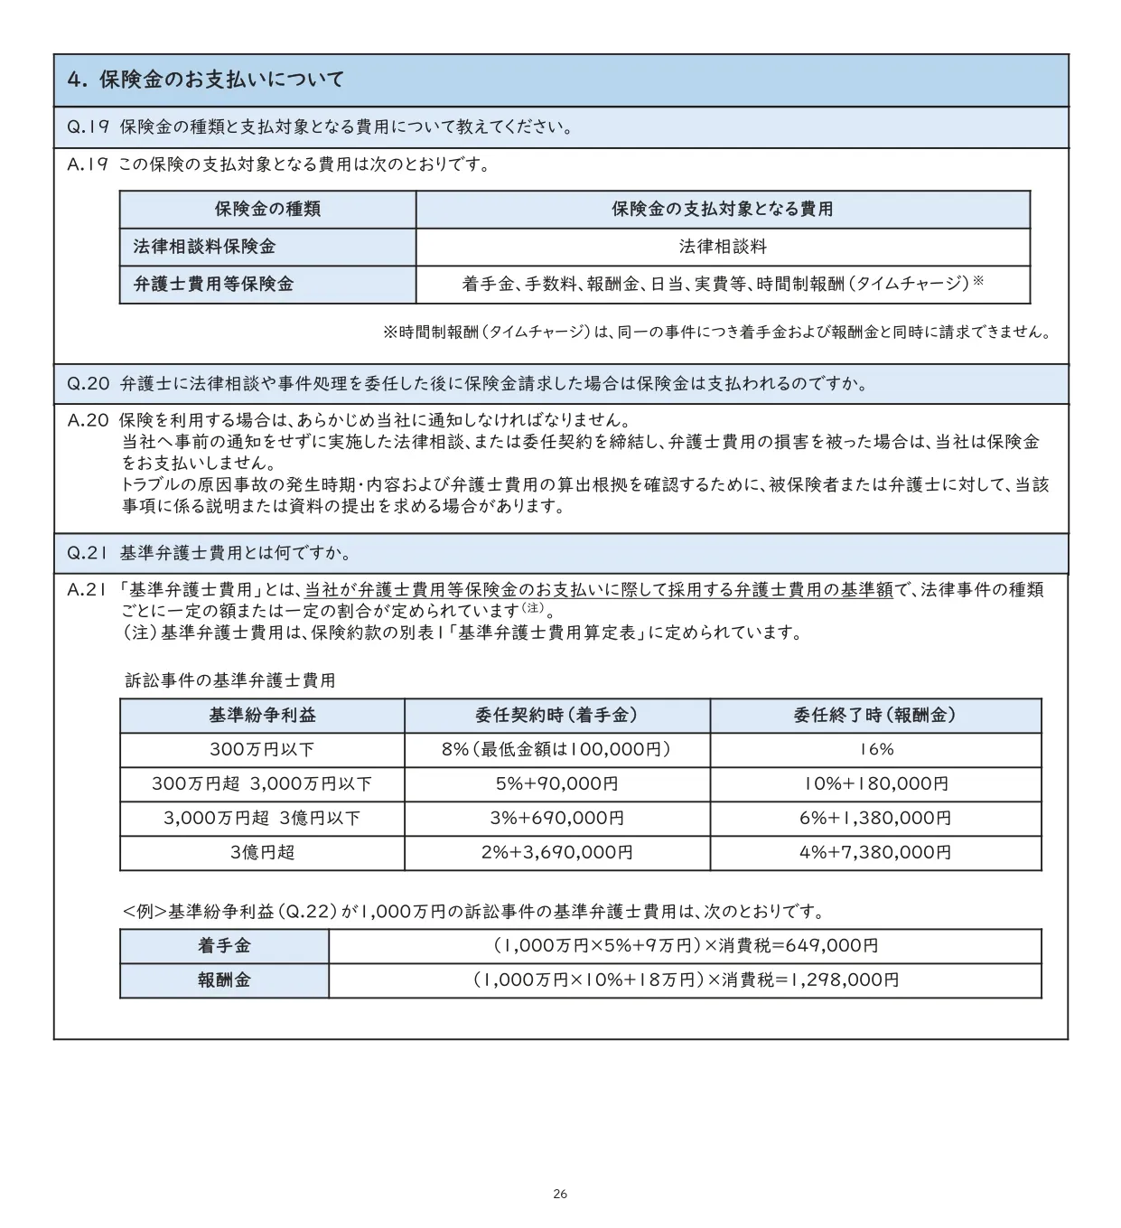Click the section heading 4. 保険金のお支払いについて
[x=206, y=80]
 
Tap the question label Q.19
[x=88, y=127]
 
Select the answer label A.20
[x=88, y=420]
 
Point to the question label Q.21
[x=88, y=553]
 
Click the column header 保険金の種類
[x=267, y=210]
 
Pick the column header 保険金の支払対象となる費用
[x=722, y=210]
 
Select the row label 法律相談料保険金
[x=204, y=247]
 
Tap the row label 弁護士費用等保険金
[x=213, y=284]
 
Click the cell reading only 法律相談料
[x=723, y=247]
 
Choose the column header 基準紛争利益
[x=262, y=716]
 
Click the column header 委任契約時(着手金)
[x=556, y=716]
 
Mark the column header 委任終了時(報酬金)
[x=874, y=716]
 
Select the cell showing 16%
[x=875, y=750]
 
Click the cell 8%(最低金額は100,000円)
[x=556, y=750]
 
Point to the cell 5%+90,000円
[x=556, y=784]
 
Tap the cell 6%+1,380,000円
[x=875, y=819]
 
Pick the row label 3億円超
[x=262, y=852]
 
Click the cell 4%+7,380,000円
[x=875, y=852]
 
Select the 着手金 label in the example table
[x=224, y=946]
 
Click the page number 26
[x=560, y=1195]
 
